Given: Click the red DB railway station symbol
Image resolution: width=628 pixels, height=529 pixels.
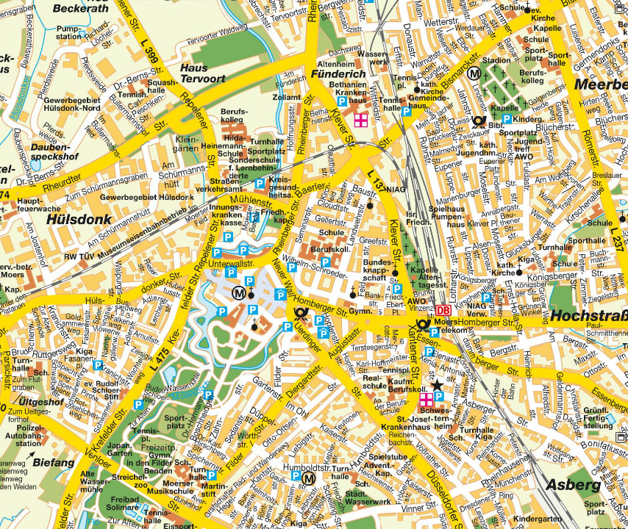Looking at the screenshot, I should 443,311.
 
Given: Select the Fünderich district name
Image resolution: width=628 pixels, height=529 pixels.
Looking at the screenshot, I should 338,74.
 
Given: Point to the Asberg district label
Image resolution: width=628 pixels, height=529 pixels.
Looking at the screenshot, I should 574,485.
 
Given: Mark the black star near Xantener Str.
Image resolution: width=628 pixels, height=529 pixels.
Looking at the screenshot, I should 438,384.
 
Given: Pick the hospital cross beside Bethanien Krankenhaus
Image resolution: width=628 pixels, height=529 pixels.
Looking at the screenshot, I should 361,120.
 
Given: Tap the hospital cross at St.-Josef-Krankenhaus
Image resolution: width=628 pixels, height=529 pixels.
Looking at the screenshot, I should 426,400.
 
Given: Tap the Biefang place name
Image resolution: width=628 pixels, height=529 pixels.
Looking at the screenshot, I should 53,462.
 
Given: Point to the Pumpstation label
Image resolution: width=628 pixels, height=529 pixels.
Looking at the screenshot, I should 69,32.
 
